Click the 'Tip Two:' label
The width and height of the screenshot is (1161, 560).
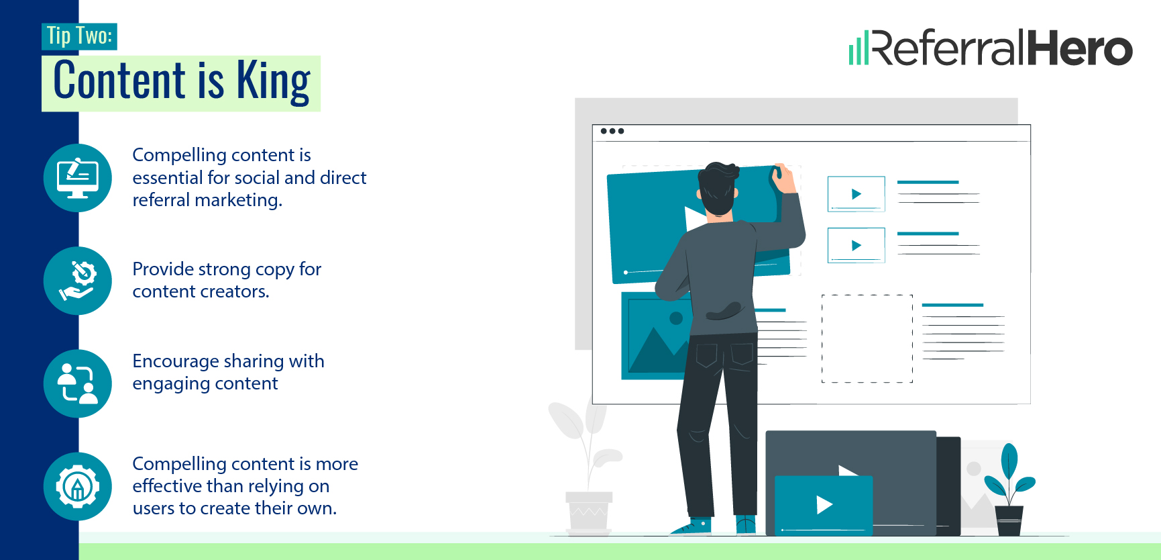point(79,36)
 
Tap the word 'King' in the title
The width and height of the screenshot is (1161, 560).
point(273,82)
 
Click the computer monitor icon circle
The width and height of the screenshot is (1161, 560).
point(78,178)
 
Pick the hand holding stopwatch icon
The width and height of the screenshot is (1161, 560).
point(78,281)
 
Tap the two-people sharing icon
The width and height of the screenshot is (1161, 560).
point(78,383)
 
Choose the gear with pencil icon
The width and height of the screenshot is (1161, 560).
point(78,486)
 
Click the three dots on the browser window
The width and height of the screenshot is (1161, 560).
point(612,131)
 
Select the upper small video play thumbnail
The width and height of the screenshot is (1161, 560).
point(856,194)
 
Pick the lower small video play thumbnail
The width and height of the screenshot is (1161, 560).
point(856,245)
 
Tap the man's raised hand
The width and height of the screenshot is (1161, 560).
point(782,178)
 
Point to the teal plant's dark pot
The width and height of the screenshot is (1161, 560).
point(1009,520)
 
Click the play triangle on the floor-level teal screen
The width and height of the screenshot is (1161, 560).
point(824,504)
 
